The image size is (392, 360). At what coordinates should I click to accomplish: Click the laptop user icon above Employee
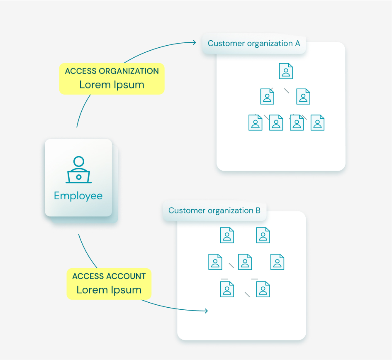coord(78,170)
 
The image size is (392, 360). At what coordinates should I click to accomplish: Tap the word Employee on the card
coord(78,196)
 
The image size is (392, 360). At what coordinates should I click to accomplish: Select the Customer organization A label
coord(254,44)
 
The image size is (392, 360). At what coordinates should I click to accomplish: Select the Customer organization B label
coord(214,211)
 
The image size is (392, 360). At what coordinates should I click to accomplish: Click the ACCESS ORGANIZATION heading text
coord(112,71)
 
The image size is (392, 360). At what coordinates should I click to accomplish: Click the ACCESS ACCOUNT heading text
coord(109,276)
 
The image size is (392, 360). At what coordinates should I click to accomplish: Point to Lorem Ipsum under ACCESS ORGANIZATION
coord(112,85)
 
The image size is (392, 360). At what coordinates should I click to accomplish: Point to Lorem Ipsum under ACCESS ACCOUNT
coord(109,290)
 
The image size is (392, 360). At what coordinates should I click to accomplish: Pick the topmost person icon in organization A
coord(286,71)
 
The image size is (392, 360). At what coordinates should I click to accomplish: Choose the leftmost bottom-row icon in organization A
coord(256,123)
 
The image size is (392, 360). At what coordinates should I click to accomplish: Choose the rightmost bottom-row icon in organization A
coord(317,123)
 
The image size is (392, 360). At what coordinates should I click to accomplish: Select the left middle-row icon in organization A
coord(268,96)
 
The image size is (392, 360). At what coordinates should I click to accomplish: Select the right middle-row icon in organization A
coord(303,96)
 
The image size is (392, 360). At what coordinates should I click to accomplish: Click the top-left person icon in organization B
coord(227,235)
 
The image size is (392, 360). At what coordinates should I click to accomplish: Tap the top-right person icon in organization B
coord(263,235)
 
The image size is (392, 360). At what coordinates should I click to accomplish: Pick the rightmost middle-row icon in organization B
coord(278,262)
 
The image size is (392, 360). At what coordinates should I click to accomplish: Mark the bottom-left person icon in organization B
coord(227,289)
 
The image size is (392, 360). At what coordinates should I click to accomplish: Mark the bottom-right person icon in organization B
coord(263,289)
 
